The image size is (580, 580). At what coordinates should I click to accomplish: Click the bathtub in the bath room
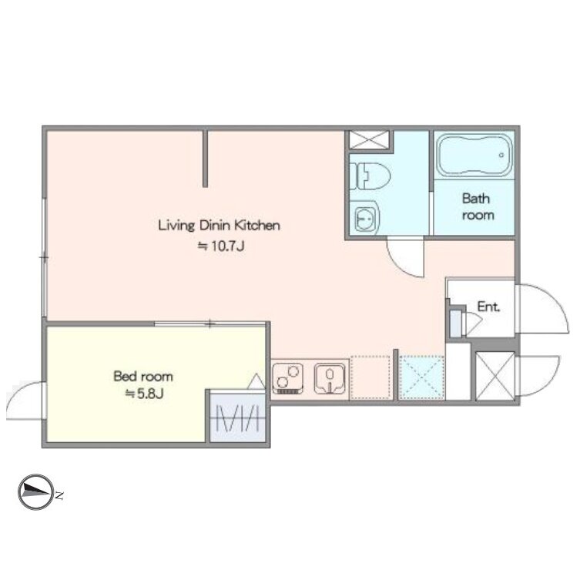tap(474, 156)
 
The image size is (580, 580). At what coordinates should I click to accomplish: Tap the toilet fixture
tap(370, 176)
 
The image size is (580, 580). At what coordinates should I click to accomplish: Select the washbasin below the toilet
tap(365, 218)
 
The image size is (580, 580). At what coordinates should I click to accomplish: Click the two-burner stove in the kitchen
tap(288, 378)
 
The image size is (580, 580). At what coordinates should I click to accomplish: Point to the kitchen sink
tap(330, 378)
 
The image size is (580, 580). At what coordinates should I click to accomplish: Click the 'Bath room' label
tap(478, 206)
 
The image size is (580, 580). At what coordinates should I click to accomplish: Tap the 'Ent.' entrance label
tap(488, 307)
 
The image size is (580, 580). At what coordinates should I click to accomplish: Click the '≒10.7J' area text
tap(221, 246)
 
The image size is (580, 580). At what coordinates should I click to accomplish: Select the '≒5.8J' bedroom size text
tap(144, 394)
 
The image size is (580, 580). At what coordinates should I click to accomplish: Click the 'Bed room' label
tap(143, 377)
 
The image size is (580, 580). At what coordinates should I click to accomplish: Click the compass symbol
tap(36, 492)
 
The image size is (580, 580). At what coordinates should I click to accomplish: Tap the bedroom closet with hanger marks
tap(237, 418)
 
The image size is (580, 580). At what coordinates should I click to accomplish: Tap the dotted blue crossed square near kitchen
tap(422, 377)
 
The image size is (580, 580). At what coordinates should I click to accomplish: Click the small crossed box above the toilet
tap(369, 140)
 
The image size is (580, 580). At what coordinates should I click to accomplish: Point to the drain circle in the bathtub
tap(501, 156)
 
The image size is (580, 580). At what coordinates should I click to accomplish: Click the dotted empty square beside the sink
tap(370, 377)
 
